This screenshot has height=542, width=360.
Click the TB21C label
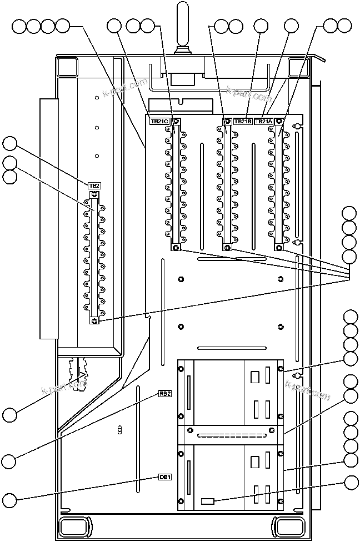point(159,121)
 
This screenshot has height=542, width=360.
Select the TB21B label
point(243,121)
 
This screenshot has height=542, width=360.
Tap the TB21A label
point(263,121)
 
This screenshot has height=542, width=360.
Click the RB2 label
point(165,394)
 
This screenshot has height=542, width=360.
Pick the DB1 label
point(165,476)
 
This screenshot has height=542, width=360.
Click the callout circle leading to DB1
point(10,498)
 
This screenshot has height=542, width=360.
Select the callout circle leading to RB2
point(10,460)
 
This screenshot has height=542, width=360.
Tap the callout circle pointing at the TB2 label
point(10,144)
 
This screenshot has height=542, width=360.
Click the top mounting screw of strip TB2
point(95,194)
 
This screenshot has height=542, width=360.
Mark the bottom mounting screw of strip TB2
point(95,321)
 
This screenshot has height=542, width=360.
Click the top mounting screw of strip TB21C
point(176,121)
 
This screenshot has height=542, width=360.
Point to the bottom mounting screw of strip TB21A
point(278,248)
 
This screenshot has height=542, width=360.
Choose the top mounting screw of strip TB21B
point(227,121)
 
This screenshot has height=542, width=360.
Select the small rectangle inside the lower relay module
point(207,501)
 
